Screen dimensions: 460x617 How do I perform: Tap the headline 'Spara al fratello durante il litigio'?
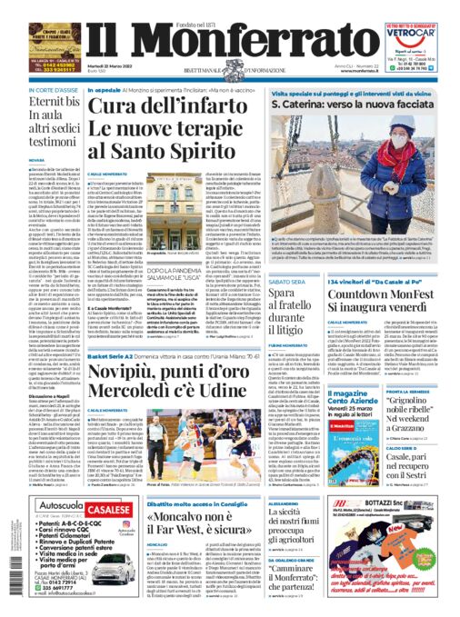pyautogui.click(x=272, y=315)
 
